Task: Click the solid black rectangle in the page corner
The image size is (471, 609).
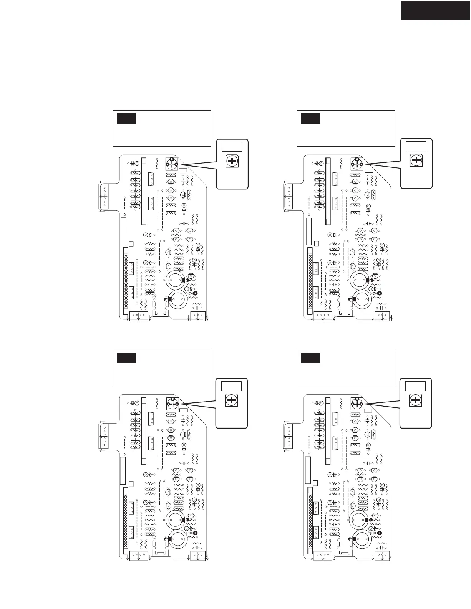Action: click(436, 10)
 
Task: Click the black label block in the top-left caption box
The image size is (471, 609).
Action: click(126, 118)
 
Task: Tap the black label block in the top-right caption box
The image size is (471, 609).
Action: click(310, 118)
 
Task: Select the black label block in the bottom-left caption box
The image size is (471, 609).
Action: click(126, 358)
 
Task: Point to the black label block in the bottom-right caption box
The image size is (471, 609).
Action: click(310, 358)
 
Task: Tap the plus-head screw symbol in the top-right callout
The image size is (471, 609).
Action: click(416, 161)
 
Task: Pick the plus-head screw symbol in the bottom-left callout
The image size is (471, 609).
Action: click(231, 400)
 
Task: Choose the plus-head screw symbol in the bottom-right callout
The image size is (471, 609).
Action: click(415, 401)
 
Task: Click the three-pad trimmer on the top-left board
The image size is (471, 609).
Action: click(171, 164)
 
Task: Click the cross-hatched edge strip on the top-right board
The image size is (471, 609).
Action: click(310, 281)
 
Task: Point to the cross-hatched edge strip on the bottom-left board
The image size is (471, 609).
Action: click(126, 520)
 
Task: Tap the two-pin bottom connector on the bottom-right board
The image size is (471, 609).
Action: click(382, 555)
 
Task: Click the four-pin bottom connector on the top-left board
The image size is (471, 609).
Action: click(138, 316)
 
